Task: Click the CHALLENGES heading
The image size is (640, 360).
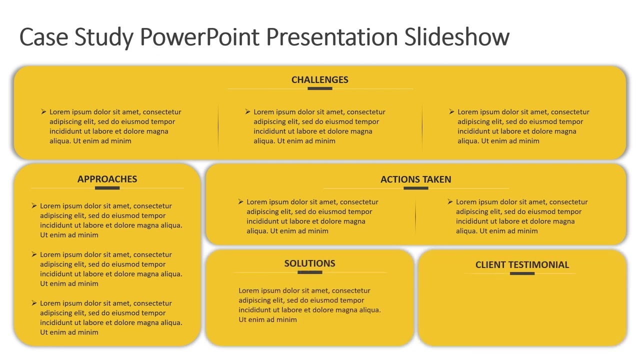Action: pos(320,80)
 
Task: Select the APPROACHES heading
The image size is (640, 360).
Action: pos(107,179)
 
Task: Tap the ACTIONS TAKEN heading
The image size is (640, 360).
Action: pos(415,179)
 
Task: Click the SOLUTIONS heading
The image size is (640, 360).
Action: pos(309,263)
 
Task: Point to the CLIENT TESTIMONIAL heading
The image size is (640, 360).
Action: pos(522,265)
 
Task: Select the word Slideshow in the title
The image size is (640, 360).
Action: pos(456,37)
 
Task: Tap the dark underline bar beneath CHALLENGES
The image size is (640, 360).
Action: pos(320,88)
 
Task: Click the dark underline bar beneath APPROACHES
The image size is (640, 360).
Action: pos(107,188)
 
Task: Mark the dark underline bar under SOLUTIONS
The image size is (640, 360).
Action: pos(309,272)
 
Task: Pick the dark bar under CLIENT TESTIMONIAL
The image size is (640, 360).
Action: pos(522,273)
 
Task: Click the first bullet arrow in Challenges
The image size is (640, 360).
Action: pos(44,112)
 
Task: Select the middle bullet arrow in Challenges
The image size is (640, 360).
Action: pos(248,112)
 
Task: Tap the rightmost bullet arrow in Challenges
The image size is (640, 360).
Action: pos(452,112)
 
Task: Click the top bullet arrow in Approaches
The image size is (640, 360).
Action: pos(34,206)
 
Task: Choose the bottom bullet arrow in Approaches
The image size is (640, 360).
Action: pos(34,303)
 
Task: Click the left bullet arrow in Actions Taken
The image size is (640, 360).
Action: pos(241,202)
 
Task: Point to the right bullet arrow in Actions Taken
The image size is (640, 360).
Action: pos(450,202)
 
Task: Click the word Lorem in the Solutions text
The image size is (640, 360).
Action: pos(248,290)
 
